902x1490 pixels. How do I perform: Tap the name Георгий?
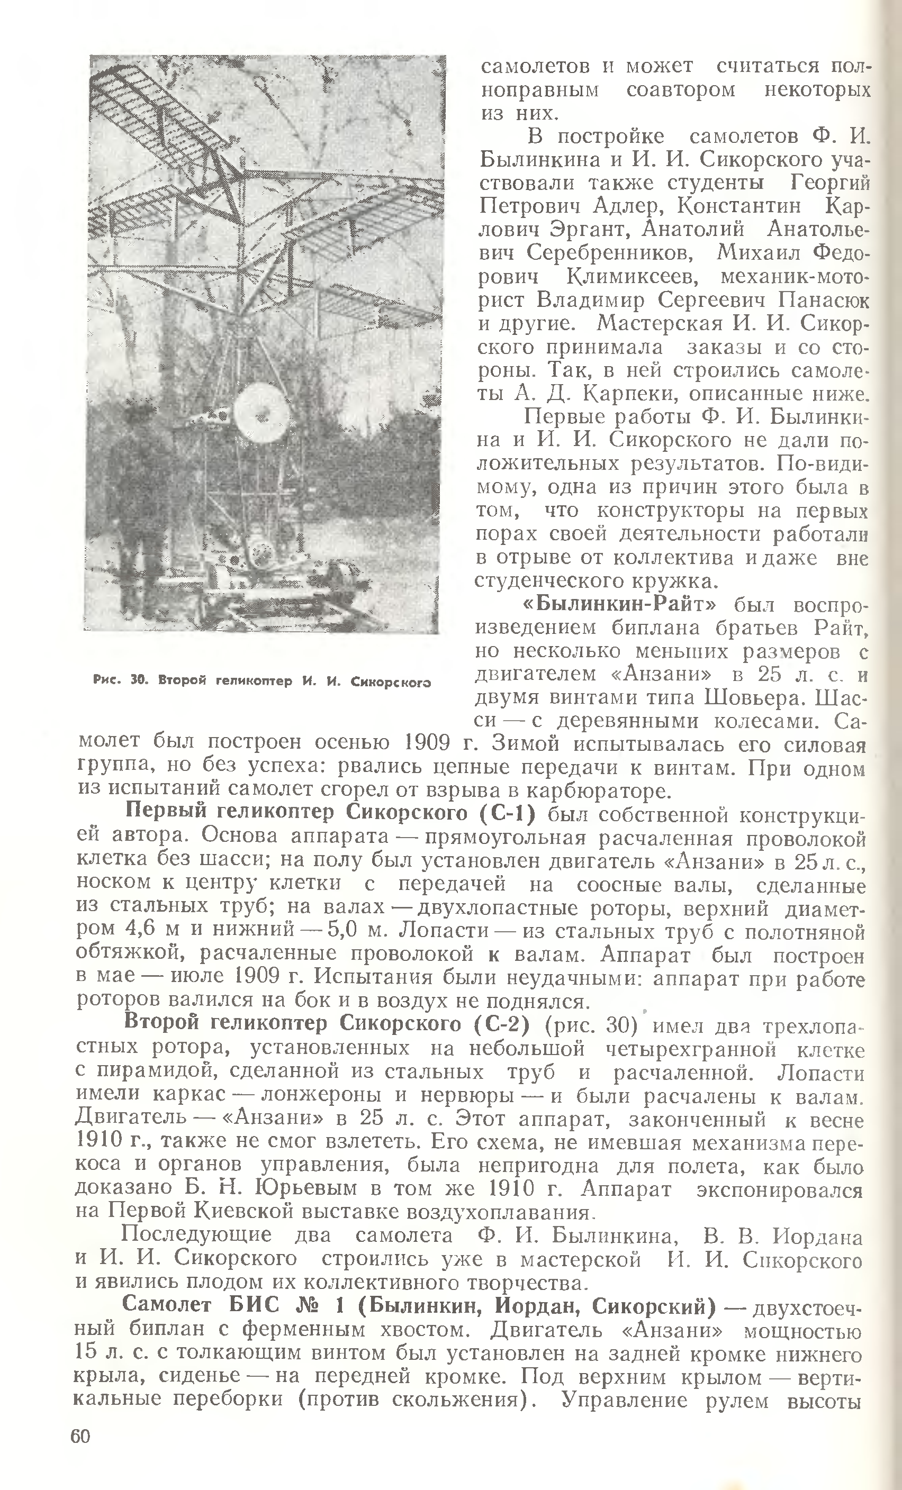[x=829, y=183]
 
